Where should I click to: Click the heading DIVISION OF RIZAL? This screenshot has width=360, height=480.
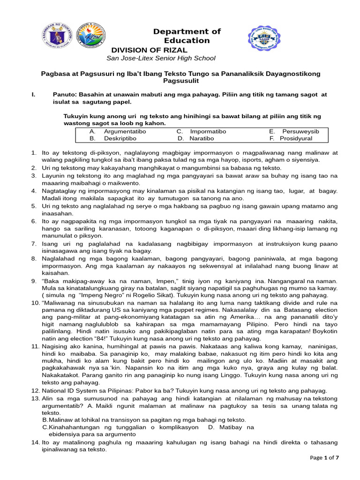149,50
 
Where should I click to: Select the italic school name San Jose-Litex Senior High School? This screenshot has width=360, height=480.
161,58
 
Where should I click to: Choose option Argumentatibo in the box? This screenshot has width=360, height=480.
125,132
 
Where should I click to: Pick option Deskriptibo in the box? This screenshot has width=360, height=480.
120,139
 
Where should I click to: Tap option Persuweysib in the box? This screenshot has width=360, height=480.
300,132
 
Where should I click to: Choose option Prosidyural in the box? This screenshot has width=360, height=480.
296,139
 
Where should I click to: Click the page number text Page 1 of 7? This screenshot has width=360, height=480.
324,457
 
